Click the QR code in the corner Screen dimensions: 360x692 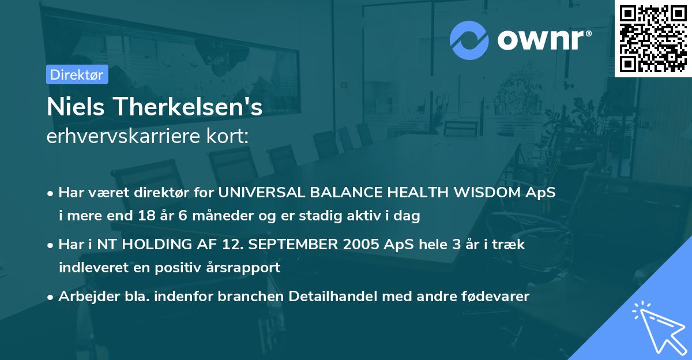(653, 38)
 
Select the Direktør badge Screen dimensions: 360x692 (77, 74)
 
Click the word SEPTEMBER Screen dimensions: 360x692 (280, 244)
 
